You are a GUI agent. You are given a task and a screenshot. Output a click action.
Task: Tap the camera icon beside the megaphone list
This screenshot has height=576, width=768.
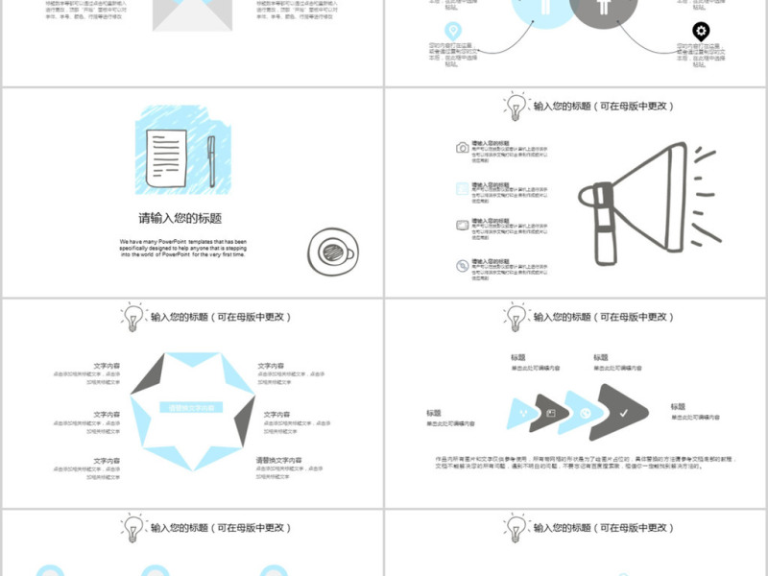[463, 148]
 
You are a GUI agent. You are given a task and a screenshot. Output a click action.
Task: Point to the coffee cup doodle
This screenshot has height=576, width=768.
[332, 253]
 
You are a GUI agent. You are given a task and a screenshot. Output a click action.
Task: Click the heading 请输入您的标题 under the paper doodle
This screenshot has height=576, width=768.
[180, 218]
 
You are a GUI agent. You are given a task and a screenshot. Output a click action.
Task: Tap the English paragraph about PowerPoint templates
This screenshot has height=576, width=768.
[182, 248]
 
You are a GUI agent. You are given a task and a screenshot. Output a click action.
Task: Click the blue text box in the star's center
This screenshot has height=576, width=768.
[192, 408]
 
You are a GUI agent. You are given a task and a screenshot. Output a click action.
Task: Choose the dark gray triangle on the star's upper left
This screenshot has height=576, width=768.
[146, 372]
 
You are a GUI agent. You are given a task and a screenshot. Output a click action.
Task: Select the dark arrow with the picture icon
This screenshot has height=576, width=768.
[552, 412]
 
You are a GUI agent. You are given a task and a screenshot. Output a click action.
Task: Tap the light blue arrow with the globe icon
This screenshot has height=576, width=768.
[585, 412]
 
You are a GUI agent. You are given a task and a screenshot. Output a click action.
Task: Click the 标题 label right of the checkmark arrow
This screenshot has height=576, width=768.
[678, 407]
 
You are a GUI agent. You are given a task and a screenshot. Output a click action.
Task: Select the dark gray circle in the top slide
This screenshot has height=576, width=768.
[603, 10]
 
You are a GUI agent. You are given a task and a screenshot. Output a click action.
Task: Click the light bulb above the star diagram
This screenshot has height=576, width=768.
[132, 316]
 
